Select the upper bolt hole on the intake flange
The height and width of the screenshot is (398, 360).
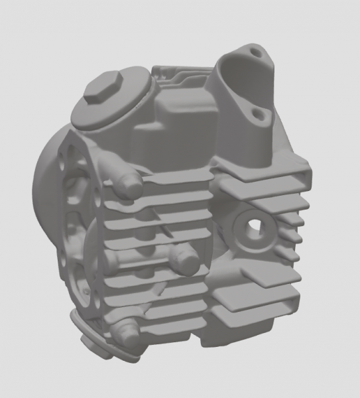pyautogui.click(x=256, y=50)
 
